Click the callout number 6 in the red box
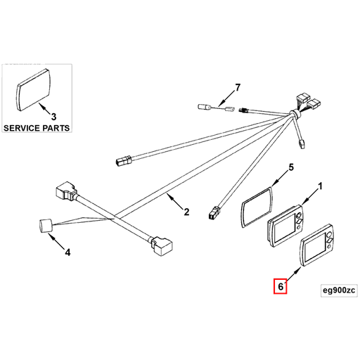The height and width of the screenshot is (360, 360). [281, 287]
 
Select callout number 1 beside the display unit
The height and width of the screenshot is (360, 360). [320, 187]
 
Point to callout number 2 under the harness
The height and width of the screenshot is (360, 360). [186, 212]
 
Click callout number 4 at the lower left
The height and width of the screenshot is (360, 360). [67, 251]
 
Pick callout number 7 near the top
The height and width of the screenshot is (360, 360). [237, 88]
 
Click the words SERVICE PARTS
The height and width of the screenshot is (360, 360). [37, 129]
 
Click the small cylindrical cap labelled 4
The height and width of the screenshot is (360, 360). [45, 226]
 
